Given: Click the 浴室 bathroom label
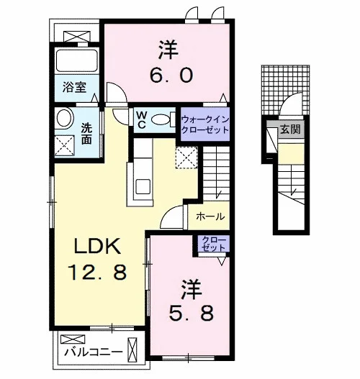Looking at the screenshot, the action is [74, 87].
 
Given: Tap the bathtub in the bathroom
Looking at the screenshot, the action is [77, 60].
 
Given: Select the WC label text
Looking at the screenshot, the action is [141, 120].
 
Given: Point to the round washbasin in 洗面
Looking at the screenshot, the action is [64, 118].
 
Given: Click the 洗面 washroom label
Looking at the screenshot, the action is [86, 134].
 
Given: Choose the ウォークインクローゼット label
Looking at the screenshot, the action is [205, 124].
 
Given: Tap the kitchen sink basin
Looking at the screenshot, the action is [143, 186].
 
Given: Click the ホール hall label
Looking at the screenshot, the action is [210, 216].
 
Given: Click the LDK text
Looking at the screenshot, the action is [97, 246].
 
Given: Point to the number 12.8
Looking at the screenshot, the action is [97, 272].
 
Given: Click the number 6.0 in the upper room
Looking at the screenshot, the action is [171, 75].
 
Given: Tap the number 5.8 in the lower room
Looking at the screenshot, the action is [191, 313].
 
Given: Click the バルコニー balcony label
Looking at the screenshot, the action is [94, 352].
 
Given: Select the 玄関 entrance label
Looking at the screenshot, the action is [290, 129].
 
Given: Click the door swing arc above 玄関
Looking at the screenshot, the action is [288, 100].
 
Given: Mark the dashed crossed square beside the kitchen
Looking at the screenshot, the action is [186, 157].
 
